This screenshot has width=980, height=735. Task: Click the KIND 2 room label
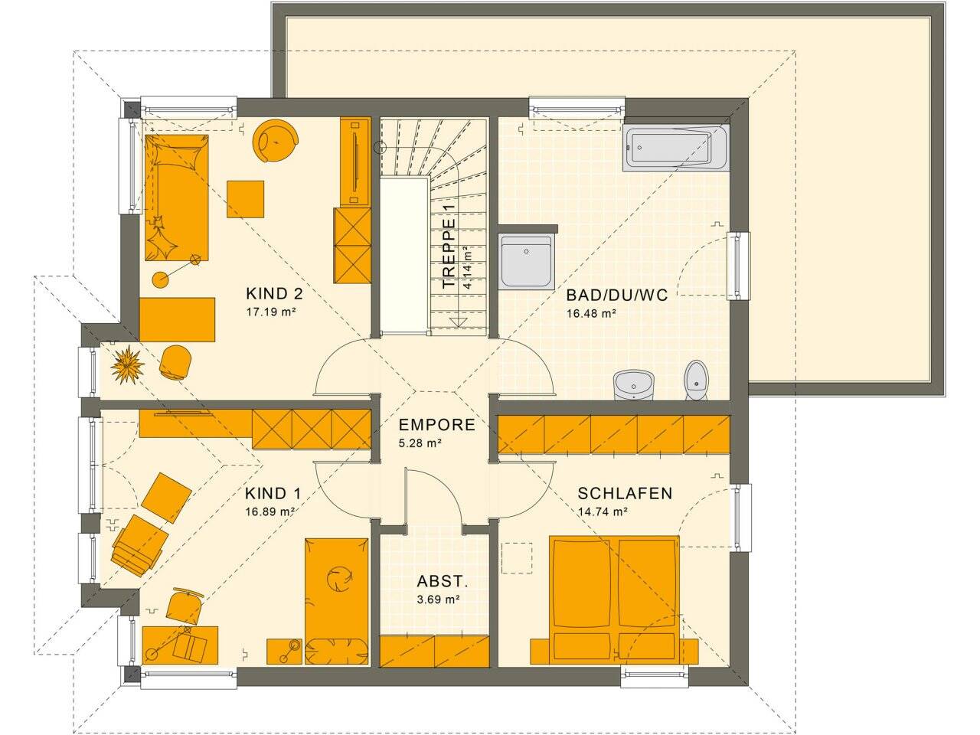coord(274,294)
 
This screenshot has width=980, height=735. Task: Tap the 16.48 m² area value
coord(591,313)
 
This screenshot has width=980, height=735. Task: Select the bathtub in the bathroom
coord(676,146)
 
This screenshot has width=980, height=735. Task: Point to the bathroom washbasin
coord(633,384)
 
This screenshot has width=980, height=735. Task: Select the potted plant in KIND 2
coord(128,364)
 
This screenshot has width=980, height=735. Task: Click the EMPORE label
coord(437,425)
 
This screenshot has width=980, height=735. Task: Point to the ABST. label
coord(443,581)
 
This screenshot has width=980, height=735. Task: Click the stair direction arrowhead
coord(458,322)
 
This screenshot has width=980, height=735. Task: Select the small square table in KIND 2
coord(245,199)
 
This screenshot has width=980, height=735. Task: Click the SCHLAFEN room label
coord(625,493)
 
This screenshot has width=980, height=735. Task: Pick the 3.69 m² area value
coord(439,599)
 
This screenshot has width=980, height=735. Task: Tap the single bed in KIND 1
coord(337,602)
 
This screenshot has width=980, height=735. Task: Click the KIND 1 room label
coord(273,494)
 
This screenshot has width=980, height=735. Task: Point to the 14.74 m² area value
coord(603,511)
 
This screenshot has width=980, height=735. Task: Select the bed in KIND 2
coord(177,198)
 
